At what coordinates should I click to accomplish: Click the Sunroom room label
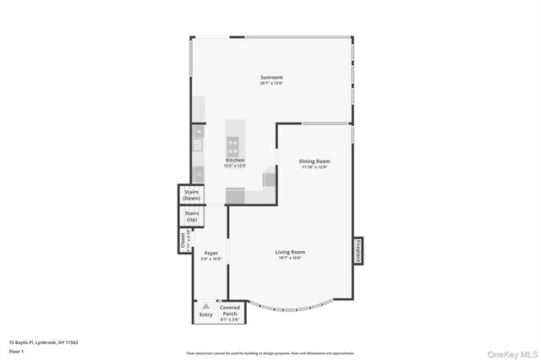[x=270, y=78]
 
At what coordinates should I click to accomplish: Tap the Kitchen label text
[x=235, y=160]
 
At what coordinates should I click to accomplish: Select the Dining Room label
[x=314, y=161]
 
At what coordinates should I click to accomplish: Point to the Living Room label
[x=290, y=252]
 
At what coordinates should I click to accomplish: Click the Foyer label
[x=210, y=253]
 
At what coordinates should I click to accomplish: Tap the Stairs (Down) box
[x=192, y=194]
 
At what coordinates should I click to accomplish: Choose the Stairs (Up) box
[x=192, y=216]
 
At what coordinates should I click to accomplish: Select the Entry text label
[x=205, y=314]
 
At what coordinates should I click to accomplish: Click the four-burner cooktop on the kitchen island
[x=235, y=144]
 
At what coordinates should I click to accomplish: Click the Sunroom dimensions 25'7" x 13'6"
[x=270, y=84]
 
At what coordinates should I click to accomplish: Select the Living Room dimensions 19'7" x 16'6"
[x=290, y=258]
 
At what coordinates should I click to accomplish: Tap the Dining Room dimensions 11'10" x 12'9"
[x=314, y=166]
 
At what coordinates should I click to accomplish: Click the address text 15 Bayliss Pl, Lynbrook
[x=43, y=342]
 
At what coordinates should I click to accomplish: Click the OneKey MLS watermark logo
[x=509, y=352]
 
